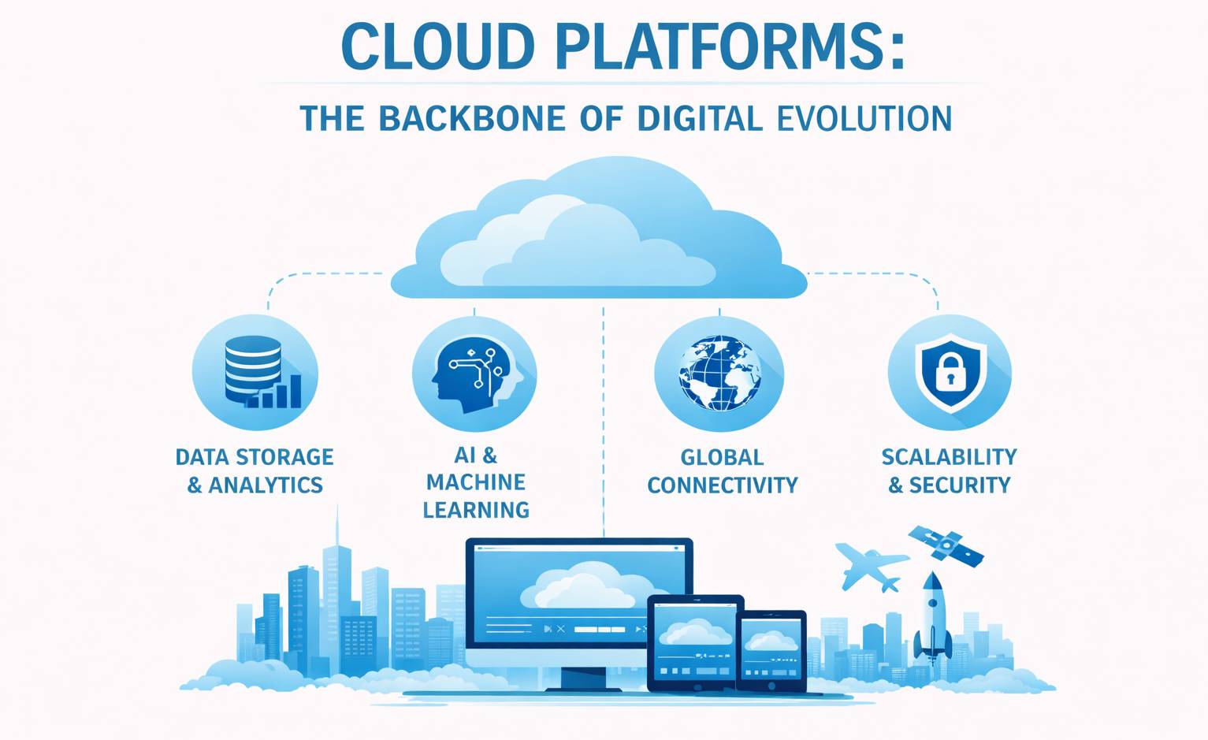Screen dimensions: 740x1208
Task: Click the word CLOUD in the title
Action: coord(437,46)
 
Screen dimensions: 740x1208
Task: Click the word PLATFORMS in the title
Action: coord(729,46)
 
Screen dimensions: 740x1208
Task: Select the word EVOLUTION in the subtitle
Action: coord(864,119)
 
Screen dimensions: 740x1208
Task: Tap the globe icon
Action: coord(719,374)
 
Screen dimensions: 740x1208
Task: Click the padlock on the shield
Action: coord(950,373)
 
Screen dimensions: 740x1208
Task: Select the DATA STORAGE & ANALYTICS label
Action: coord(255,470)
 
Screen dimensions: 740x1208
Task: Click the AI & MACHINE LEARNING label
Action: coord(476,482)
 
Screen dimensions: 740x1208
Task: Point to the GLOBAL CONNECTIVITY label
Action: coord(722,471)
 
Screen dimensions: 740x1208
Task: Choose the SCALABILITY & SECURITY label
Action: coord(949,470)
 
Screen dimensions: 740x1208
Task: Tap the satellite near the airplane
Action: coord(946,545)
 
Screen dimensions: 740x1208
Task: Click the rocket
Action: coord(933,615)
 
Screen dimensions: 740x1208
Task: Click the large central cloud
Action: coord(599,232)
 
